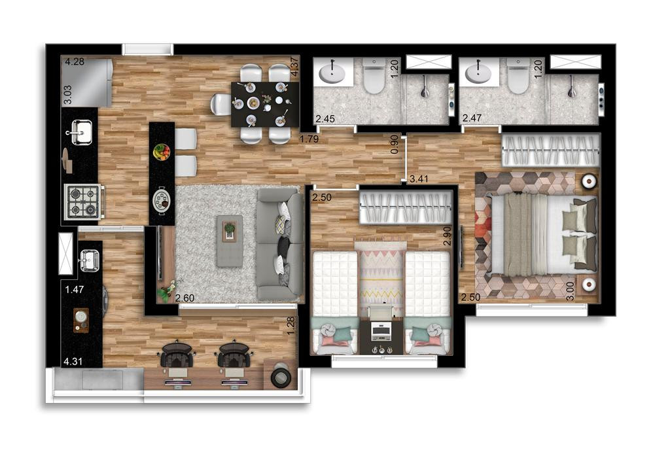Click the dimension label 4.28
click(75, 62)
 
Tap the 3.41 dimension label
click(419, 179)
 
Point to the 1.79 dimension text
click(309, 139)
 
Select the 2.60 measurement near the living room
click(185, 298)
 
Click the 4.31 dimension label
click(73, 361)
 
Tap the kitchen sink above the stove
click(80, 132)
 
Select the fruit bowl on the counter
click(162, 152)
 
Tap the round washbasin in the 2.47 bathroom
click(478, 73)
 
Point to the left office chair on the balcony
click(177, 354)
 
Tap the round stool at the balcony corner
click(282, 376)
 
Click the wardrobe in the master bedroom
click(551, 150)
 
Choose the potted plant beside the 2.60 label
click(169, 288)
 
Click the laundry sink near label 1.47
click(90, 260)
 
